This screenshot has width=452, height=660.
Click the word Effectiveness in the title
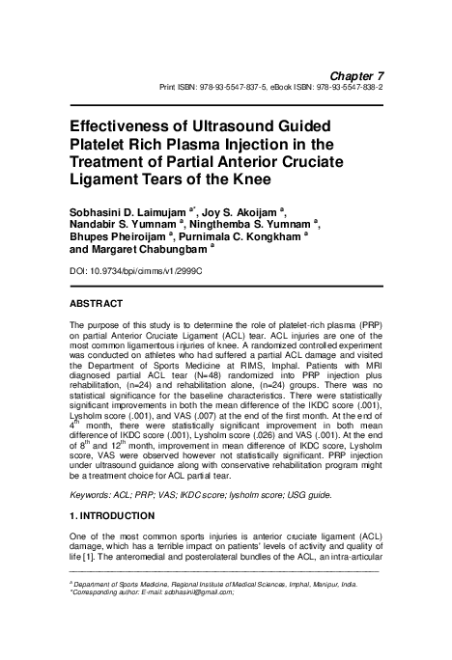122,126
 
